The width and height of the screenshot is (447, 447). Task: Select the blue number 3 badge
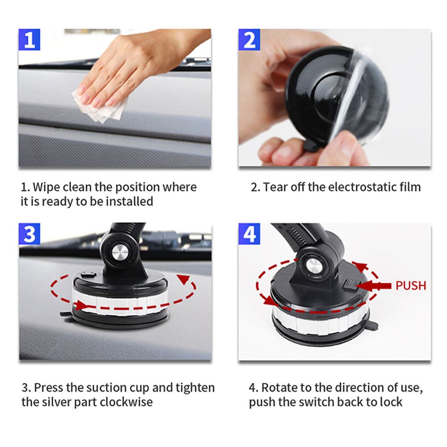click(30, 234)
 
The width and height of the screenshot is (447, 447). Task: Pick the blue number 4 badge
click(249, 234)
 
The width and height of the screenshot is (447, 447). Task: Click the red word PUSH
click(411, 286)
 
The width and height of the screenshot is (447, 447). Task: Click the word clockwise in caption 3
click(126, 402)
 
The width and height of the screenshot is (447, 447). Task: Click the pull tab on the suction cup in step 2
click(311, 145)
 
